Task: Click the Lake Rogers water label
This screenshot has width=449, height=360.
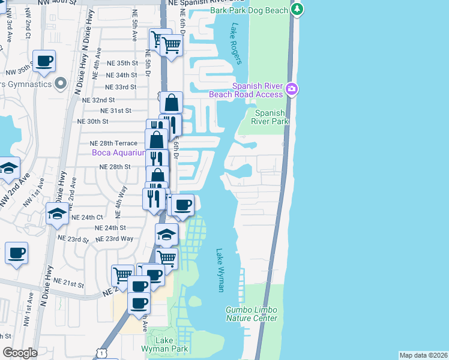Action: coord(235,44)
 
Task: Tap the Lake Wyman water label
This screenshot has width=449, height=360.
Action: coord(220,271)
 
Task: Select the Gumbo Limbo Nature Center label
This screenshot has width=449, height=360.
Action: coord(252,314)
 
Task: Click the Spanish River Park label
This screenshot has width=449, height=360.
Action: coord(270,117)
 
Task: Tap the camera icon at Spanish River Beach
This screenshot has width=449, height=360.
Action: coord(292,89)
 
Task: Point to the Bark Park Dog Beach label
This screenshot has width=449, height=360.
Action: coord(249,11)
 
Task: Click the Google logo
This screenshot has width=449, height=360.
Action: coord(20,353)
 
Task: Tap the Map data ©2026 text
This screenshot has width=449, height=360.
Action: coord(423,355)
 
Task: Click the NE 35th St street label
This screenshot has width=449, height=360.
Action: coord(123,63)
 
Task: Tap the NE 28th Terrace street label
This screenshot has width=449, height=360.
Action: coord(113,143)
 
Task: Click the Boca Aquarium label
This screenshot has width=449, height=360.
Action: coord(119,153)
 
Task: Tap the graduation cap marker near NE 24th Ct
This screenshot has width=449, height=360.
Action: coord(57,213)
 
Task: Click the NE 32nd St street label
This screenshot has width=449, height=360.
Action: coord(98,100)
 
